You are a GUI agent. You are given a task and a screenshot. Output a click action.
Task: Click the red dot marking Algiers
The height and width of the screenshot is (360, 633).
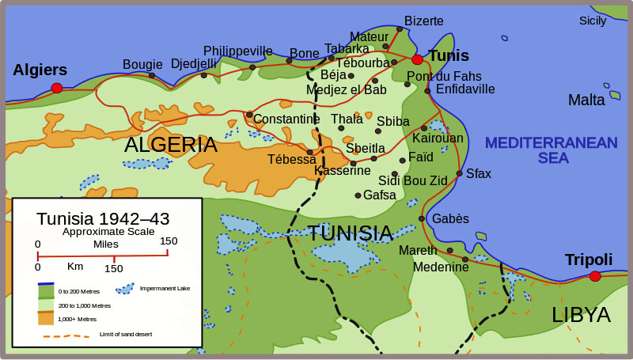[56, 88]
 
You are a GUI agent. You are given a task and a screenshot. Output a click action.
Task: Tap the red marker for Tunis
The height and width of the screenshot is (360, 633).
[417, 59]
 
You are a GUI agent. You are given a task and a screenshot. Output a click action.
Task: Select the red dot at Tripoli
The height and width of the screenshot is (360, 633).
[594, 276]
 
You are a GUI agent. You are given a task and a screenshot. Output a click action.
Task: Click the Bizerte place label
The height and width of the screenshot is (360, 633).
[424, 21]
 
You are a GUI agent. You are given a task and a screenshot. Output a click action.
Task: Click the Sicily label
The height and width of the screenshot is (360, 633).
[593, 21]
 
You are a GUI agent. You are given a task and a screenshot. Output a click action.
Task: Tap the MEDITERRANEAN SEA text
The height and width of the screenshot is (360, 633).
[551, 150]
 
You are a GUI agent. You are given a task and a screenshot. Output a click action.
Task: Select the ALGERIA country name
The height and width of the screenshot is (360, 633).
[170, 145]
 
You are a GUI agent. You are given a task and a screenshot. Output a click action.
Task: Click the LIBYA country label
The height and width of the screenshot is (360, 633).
[581, 314]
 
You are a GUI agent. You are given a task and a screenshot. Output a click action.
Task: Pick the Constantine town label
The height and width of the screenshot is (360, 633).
[286, 119]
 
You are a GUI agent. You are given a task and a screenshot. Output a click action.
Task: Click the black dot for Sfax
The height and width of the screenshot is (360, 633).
[460, 173]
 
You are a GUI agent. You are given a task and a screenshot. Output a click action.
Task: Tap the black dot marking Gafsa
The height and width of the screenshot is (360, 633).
[358, 195]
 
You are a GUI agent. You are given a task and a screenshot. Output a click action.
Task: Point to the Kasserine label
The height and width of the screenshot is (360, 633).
[342, 170]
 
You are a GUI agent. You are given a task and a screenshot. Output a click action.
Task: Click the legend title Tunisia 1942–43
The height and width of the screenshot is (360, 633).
[103, 218]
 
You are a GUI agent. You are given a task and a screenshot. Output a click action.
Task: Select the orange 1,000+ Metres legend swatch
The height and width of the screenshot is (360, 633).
[46, 318]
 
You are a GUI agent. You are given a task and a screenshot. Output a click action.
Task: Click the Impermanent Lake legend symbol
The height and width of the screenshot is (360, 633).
[124, 288]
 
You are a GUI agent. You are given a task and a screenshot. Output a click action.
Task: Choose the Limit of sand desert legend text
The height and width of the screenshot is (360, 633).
[126, 335]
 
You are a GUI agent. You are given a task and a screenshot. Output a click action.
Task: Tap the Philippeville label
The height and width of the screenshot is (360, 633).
[237, 51]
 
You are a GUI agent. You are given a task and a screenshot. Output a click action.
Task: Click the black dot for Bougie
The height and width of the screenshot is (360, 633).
[152, 76]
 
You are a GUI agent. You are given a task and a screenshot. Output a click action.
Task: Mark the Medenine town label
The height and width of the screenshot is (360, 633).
[441, 267]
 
